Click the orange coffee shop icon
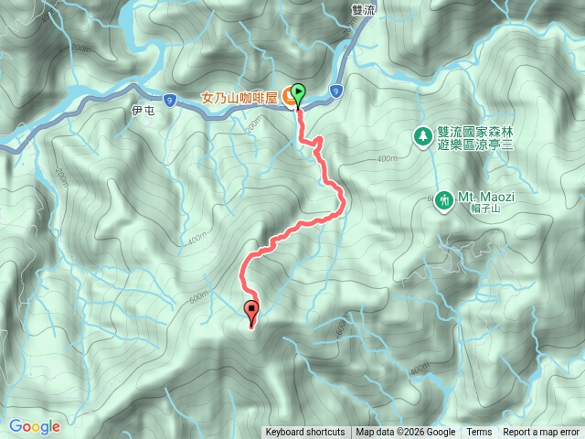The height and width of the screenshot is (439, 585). tap(286, 95)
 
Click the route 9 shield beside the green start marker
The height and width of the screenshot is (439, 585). tap(337, 91)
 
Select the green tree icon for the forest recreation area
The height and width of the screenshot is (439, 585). tap(423, 137)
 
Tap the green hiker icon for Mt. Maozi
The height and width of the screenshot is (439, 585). tap(443, 198)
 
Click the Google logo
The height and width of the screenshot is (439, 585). tap(35, 426)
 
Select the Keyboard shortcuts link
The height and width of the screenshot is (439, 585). tap(305, 433)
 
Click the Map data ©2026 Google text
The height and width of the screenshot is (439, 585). tap(406, 433)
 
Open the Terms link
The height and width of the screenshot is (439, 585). tap(479, 433)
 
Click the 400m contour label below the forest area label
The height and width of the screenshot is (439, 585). tap(387, 159)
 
